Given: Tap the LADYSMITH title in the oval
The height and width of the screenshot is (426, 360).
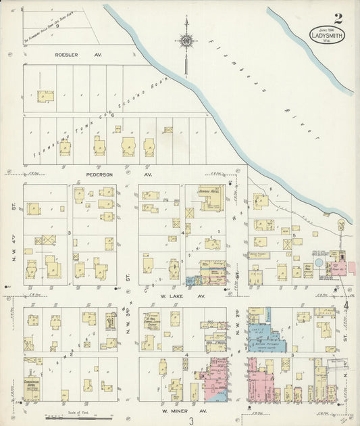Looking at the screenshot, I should click(327, 34).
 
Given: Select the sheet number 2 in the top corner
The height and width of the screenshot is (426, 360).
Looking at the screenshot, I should click(337, 19).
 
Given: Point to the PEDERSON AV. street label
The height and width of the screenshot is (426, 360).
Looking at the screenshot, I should click(119, 174).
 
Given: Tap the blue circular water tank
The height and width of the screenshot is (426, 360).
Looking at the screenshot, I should click(318, 262).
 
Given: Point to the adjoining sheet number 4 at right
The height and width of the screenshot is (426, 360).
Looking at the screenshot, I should click(346, 306).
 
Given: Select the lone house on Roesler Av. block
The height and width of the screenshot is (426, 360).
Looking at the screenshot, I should click(45, 96).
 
